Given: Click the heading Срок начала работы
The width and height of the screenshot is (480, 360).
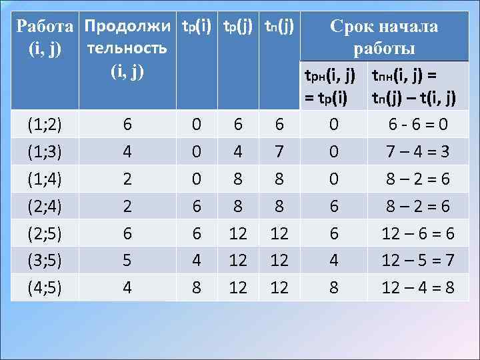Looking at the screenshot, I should coord(383,37).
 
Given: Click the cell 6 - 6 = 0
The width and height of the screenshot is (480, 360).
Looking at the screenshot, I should coord(413,124).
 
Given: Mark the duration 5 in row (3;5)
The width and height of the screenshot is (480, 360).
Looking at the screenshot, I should coord(127,261).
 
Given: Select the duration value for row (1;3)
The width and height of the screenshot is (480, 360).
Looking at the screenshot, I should coord(127,153).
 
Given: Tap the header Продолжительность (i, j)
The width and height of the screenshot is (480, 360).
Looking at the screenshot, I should coord(127,48).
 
